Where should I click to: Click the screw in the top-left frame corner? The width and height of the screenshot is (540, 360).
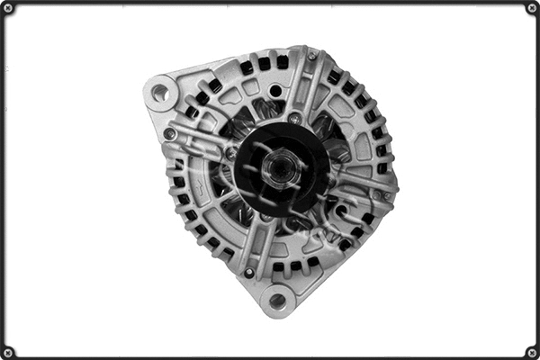pos(8,8)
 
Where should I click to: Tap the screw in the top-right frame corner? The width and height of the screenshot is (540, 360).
pos(531,8)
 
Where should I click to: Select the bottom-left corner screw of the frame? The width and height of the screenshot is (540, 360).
pos(8,352)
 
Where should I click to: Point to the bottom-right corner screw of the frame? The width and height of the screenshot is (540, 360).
pos(531,352)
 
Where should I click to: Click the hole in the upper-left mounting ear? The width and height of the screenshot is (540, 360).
pos(161,91)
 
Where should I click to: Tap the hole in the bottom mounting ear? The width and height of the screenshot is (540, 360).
pos(277,301)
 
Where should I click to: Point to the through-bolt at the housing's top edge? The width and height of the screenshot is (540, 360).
pos(311,56)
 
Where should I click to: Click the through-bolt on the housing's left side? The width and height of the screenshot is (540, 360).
pos(169,134)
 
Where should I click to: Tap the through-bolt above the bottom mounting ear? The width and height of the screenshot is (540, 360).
pos(249,272)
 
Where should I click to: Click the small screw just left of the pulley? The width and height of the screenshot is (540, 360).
pos(230,153)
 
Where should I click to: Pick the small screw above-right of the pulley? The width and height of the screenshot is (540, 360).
pos(294,118)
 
